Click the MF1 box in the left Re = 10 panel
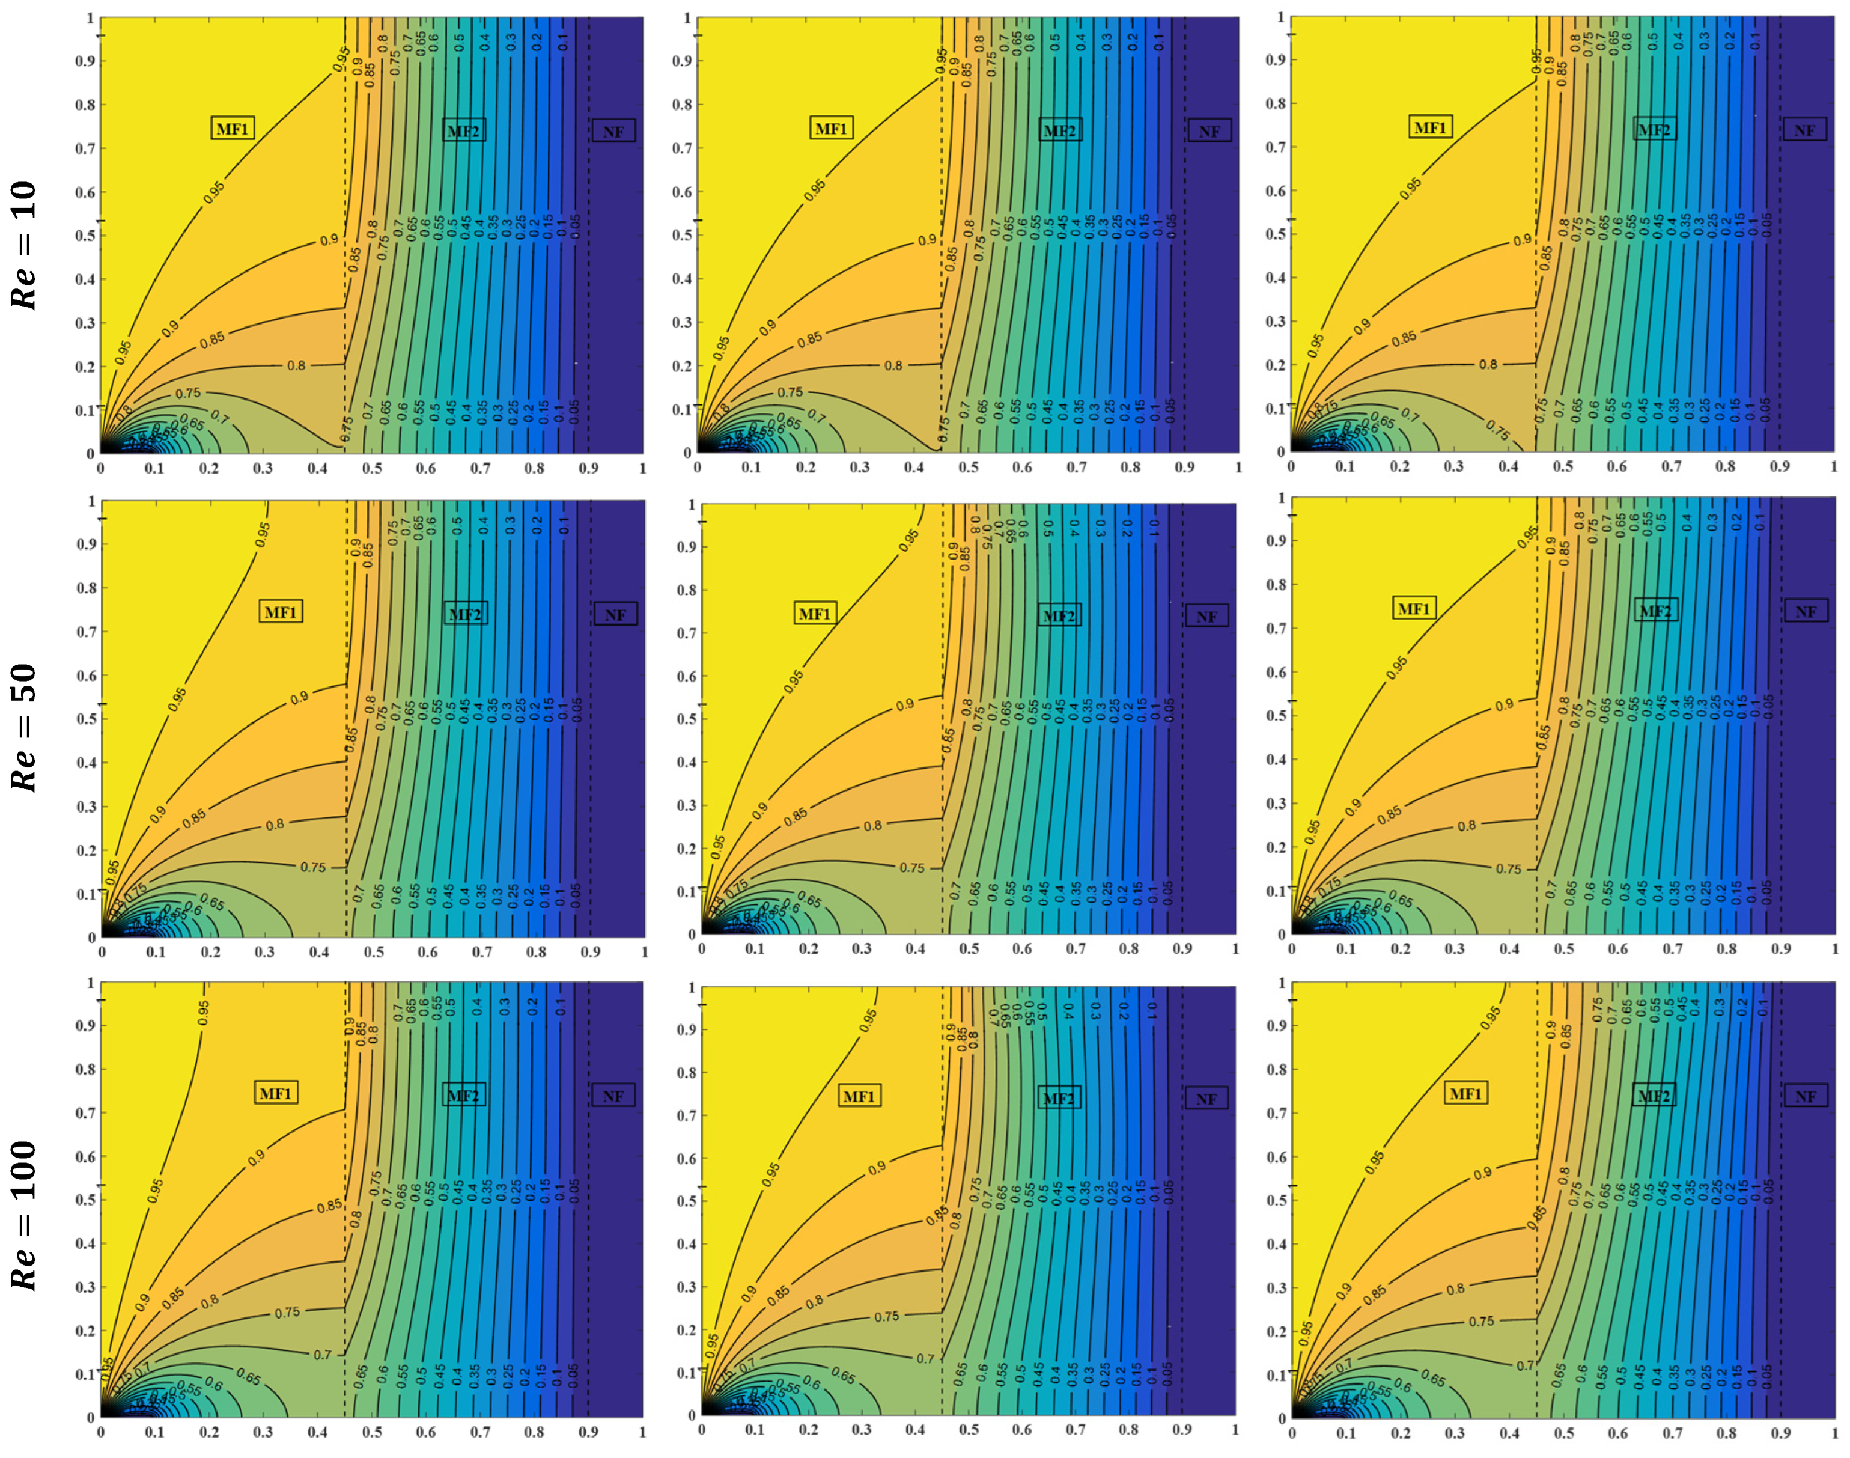tap(232, 129)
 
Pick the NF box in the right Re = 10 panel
tap(1804, 130)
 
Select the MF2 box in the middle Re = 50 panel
tap(1059, 615)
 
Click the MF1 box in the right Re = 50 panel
tap(1414, 609)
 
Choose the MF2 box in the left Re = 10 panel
tap(463, 130)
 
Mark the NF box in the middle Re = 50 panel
tap(1206, 617)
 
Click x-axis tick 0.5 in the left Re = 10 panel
tap(372, 469)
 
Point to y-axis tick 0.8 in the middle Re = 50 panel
tap(687, 590)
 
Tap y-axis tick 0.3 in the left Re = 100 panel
tap(85, 1287)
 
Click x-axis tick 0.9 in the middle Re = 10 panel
tap(1184, 468)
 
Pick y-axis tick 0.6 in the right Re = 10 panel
tap(1276, 191)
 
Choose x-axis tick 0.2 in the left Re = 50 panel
tap(210, 952)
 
